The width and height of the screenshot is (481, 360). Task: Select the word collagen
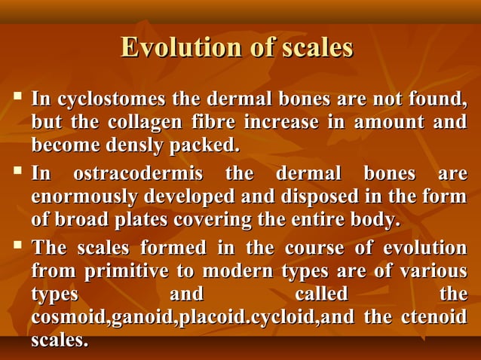coord(170,122)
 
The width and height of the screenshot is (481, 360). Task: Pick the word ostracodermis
coord(139,175)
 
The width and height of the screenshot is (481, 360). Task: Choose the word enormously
coord(84,197)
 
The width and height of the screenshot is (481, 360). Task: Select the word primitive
coord(127,271)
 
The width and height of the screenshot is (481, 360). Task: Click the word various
coord(434,271)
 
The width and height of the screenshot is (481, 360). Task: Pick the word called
coord(322,294)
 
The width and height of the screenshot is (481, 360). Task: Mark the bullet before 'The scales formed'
coord(18,247)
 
